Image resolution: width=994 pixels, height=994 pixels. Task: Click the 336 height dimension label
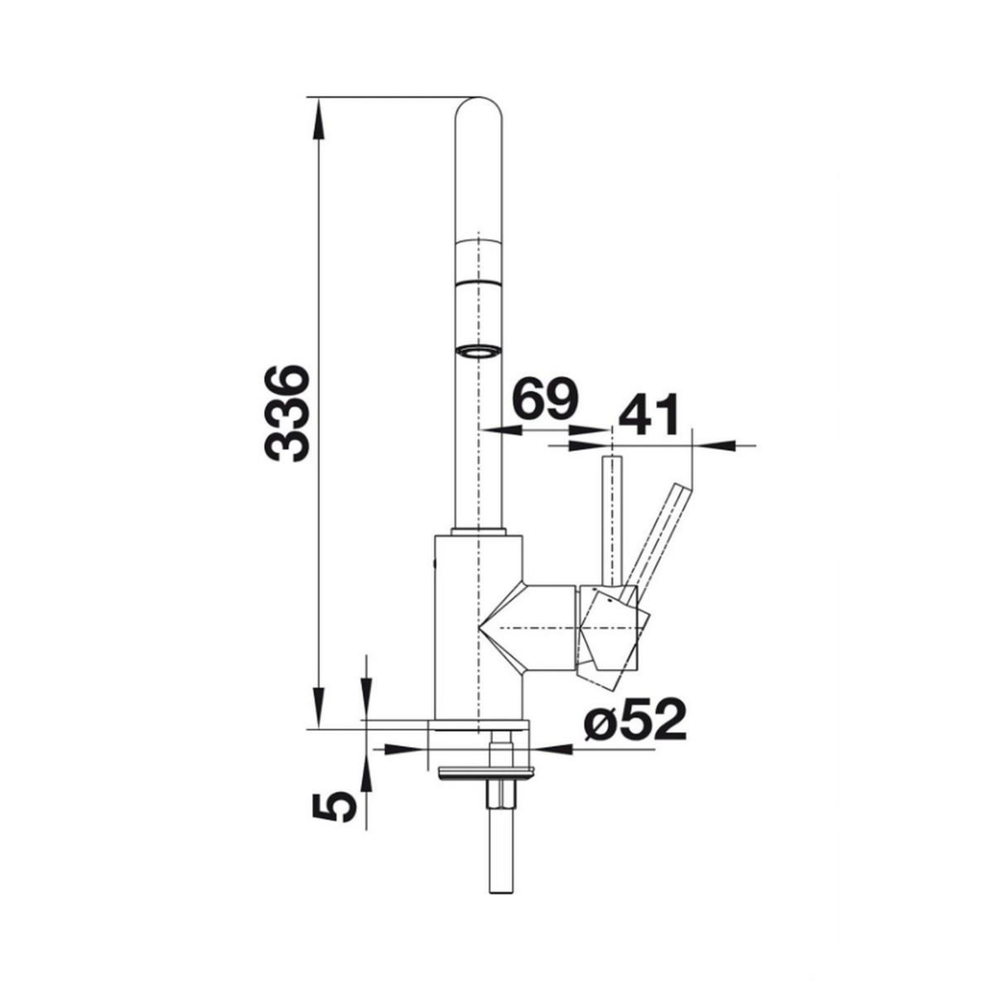point(287,413)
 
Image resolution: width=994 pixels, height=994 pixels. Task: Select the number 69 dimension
point(546,398)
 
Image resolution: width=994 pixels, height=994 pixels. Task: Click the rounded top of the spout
point(480,111)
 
